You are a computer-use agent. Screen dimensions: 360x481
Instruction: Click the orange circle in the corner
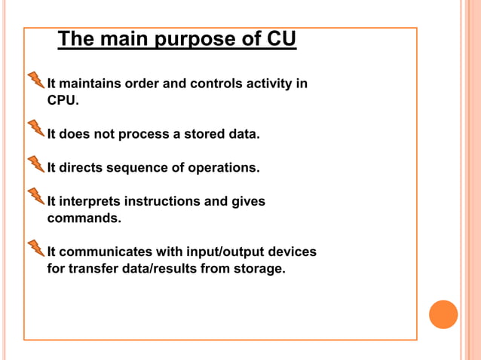coord(443,314)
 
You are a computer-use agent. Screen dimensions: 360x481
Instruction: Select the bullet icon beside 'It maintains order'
coord(35,80)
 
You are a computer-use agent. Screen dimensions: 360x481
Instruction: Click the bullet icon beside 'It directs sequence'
coord(35,163)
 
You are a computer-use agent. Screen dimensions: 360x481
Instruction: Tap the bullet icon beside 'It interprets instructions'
coord(35,197)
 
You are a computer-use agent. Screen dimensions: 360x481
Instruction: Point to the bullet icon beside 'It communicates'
coord(35,247)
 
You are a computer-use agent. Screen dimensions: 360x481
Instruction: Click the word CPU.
coord(63,99)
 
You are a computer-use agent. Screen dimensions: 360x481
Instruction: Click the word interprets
coord(89,202)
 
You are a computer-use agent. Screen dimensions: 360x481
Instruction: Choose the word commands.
coord(84,218)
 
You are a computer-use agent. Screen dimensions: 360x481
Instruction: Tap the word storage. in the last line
coord(259,268)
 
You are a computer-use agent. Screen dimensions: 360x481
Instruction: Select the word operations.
coord(224,168)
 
